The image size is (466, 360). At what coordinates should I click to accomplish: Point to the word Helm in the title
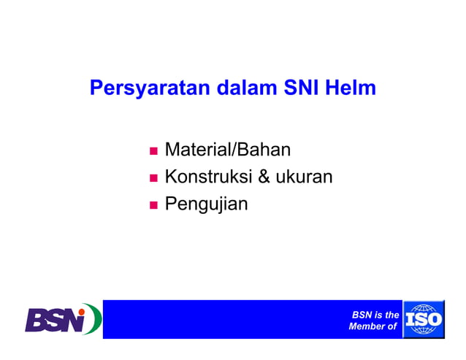point(353,89)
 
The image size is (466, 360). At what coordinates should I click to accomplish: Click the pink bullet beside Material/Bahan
point(153,152)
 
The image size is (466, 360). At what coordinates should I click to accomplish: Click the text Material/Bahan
point(228,150)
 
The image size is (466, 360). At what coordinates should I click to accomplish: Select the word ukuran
point(307,177)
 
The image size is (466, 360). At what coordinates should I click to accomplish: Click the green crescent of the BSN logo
point(96,318)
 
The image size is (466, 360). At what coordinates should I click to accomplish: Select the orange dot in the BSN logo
point(83,310)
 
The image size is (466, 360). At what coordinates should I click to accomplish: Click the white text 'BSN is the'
point(375,315)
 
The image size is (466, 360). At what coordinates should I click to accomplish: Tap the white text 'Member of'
point(373,326)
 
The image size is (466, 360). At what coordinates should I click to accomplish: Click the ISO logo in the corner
point(423,320)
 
